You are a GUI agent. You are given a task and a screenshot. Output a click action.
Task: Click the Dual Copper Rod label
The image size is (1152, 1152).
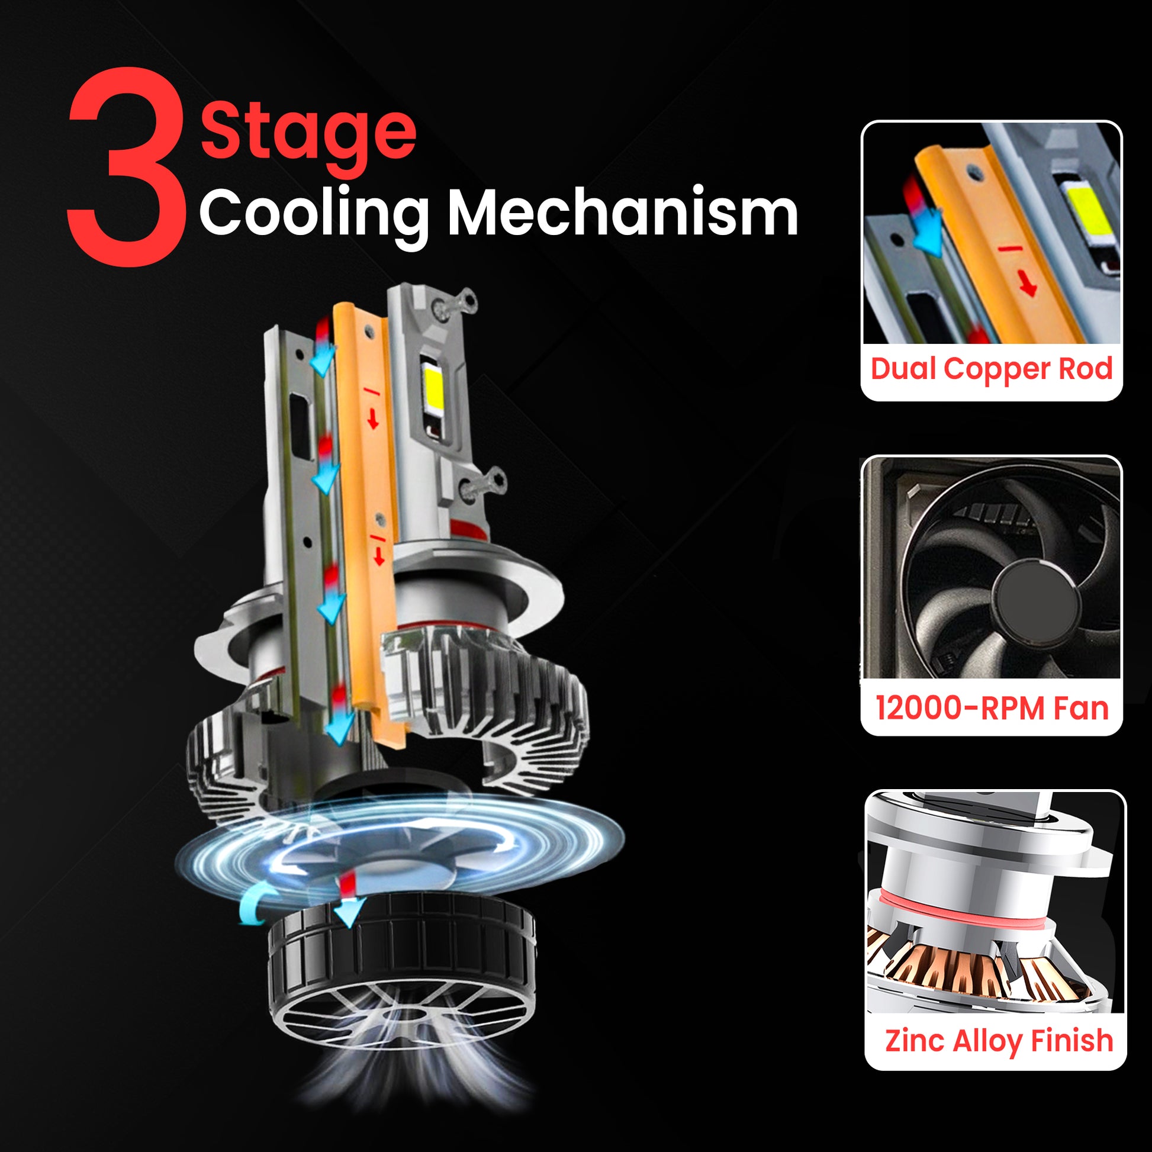click(992, 369)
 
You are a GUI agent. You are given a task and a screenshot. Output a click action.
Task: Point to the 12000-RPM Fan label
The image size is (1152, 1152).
click(992, 709)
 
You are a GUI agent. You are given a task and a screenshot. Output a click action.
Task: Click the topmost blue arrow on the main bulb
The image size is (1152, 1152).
click(323, 360)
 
